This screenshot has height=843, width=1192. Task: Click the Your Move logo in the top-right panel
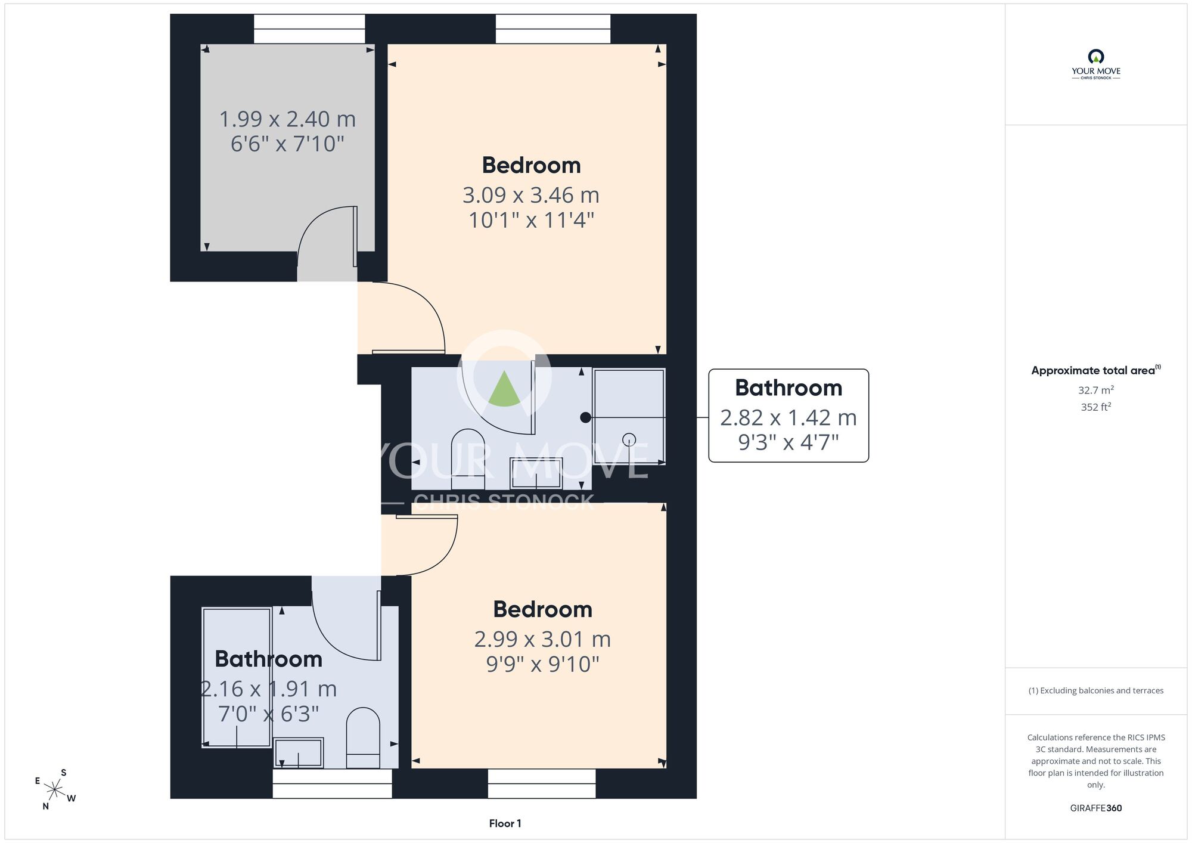click(x=1095, y=64)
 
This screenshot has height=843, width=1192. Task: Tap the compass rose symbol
click(x=55, y=791)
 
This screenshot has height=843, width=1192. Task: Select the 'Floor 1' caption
click(x=505, y=823)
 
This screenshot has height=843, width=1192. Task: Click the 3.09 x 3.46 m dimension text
click(x=531, y=195)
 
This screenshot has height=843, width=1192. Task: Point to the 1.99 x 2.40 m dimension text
click(x=287, y=119)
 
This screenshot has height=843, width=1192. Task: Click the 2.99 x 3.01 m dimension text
click(x=542, y=639)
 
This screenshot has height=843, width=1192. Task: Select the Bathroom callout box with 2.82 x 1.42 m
click(x=789, y=416)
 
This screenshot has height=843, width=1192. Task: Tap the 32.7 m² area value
click(x=1095, y=390)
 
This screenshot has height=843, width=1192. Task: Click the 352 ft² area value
click(x=1095, y=407)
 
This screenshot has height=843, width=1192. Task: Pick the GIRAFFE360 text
click(x=1095, y=808)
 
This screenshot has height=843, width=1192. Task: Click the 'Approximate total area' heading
click(x=1095, y=370)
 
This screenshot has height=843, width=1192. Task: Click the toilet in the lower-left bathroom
click(x=363, y=738)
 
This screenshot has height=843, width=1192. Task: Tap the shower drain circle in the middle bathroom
click(x=629, y=439)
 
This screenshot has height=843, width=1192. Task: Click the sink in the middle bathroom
click(x=536, y=473)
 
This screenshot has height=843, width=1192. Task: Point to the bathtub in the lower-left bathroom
click(x=237, y=677)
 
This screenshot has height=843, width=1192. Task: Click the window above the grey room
click(x=309, y=29)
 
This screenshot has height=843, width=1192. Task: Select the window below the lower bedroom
click(x=541, y=783)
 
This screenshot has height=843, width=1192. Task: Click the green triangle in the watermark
click(x=504, y=389)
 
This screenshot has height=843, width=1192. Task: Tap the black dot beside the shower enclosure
click(x=585, y=418)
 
